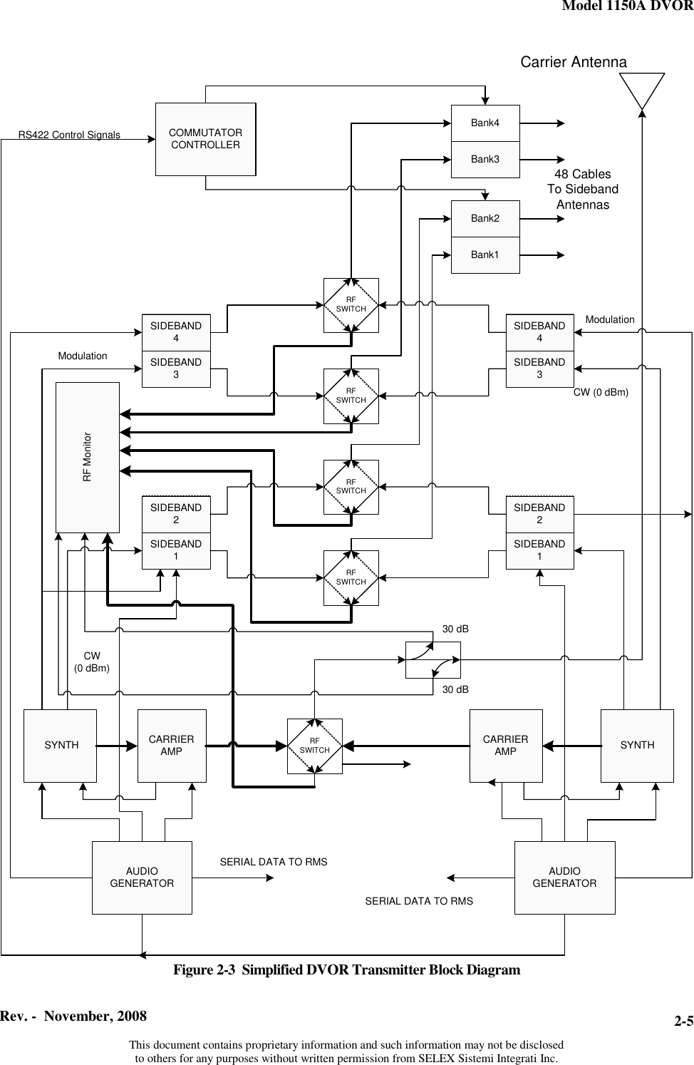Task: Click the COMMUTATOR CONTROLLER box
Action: point(205,139)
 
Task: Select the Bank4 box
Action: point(485,123)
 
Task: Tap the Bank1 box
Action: point(485,254)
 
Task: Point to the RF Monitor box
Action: point(88,457)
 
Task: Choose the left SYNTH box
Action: point(61,746)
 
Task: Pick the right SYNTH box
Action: point(637,746)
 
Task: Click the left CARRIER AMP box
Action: point(172,746)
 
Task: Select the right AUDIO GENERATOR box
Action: point(564,878)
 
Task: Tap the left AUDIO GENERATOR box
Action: point(142,878)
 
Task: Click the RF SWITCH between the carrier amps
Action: point(315,746)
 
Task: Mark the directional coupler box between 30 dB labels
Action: point(433,659)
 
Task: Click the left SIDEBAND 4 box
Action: point(176,332)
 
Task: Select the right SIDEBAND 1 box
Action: point(539,550)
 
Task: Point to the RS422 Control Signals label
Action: point(69,135)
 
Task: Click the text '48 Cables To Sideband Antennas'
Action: point(582,190)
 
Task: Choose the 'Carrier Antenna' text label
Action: point(574,62)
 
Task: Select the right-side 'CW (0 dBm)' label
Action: point(601,391)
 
